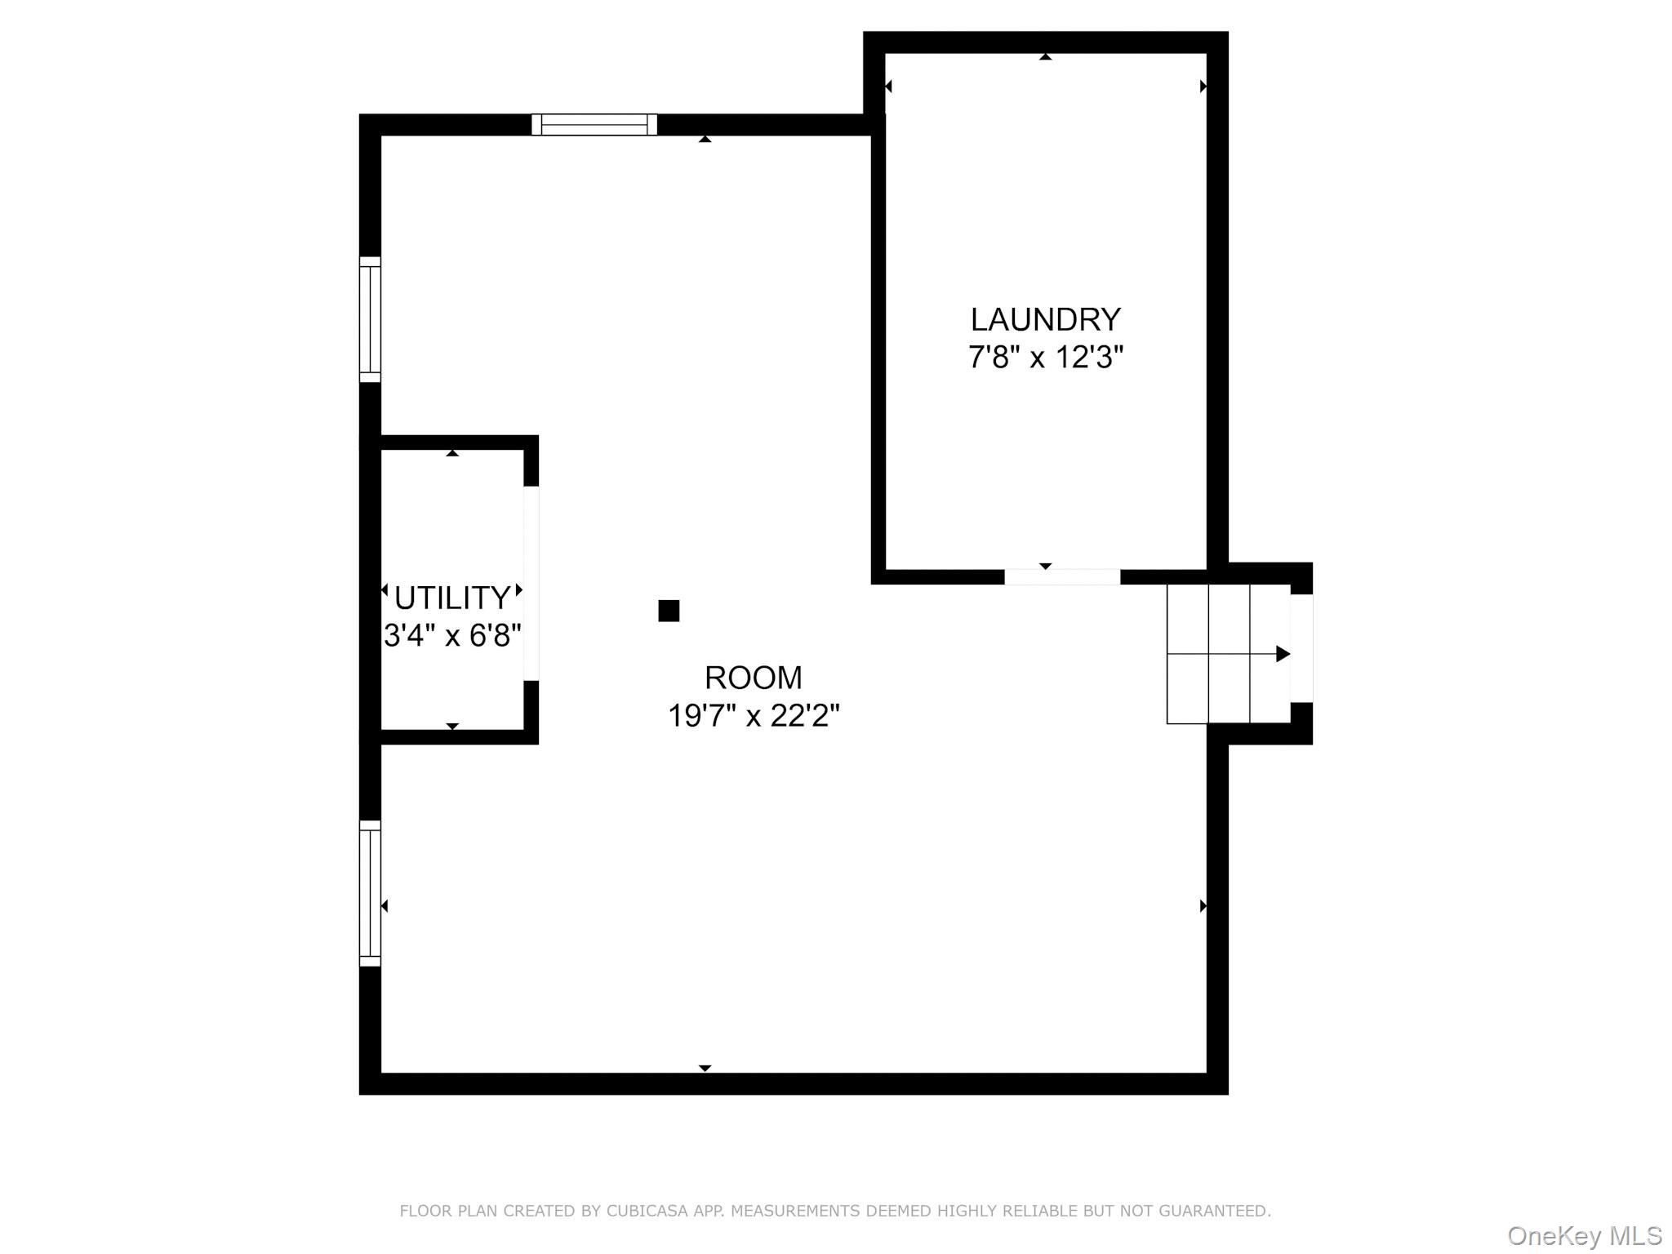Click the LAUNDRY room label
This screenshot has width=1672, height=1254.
pyautogui.click(x=1045, y=319)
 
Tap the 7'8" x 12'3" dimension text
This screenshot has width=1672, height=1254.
pyautogui.click(x=1046, y=358)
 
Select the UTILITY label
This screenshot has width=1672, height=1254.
pyautogui.click(x=452, y=598)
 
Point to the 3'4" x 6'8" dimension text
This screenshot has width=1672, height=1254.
pyautogui.click(x=452, y=635)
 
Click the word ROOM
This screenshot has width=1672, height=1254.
pyautogui.click(x=754, y=678)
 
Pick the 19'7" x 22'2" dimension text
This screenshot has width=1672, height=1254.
pyautogui.click(x=754, y=716)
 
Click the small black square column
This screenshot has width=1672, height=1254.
pyautogui.click(x=669, y=611)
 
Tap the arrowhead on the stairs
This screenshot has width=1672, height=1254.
pyautogui.click(x=1283, y=654)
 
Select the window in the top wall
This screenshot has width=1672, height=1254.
pyautogui.click(x=594, y=124)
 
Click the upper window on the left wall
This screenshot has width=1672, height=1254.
pyautogui.click(x=370, y=319)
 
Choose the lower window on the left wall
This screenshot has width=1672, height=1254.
pyautogui.click(x=370, y=893)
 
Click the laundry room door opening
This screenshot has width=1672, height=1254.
pyautogui.click(x=1062, y=577)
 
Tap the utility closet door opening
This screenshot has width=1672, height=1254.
pyautogui.click(x=531, y=583)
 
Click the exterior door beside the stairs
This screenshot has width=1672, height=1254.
pyautogui.click(x=1301, y=648)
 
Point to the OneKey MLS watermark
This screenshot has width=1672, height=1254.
pyautogui.click(x=1585, y=1236)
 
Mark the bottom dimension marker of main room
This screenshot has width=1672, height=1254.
pyautogui.click(x=705, y=1068)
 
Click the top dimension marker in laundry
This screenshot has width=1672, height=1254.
pyautogui.click(x=1045, y=57)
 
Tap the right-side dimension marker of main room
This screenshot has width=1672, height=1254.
pyautogui.click(x=1203, y=906)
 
